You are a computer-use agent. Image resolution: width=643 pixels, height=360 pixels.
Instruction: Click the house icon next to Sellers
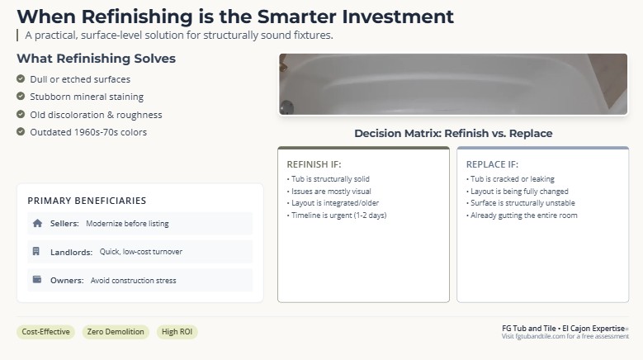coord(37,223)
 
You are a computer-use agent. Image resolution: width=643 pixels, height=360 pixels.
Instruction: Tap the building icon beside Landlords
coord(36,251)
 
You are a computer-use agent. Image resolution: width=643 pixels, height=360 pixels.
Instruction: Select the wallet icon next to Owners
coord(37,280)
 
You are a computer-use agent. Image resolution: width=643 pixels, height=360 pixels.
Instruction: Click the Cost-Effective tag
coord(46,332)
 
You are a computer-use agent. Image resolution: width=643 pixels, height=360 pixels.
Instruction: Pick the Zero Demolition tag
coord(116,332)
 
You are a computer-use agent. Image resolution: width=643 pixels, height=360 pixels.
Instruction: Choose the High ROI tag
coord(177,332)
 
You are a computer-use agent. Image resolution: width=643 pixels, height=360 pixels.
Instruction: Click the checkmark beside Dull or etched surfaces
coord(21,78)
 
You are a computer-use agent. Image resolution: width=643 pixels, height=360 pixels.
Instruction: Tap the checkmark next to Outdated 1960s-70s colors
coord(21,131)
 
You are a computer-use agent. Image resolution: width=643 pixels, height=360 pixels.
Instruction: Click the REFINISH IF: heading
coord(314,164)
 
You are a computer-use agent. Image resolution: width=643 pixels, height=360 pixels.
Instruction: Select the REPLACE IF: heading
coord(492,164)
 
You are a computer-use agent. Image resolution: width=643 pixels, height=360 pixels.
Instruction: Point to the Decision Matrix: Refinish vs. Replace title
coord(453,133)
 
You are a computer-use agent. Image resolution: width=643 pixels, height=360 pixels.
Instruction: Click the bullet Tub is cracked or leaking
coord(510,179)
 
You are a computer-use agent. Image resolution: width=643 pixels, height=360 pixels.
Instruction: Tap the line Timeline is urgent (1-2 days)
coord(337,216)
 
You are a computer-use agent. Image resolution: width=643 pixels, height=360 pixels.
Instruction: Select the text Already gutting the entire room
coord(522,216)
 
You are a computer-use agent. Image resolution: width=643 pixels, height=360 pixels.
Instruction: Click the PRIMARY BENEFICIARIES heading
coord(87,201)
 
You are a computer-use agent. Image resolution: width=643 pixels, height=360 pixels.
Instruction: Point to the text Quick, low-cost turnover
coord(141,252)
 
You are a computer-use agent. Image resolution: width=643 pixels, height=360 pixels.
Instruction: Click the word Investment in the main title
coord(398,17)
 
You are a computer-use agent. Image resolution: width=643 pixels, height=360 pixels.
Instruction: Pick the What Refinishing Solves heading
coord(97,59)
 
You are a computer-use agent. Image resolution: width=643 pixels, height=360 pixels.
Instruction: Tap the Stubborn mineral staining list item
coord(87,97)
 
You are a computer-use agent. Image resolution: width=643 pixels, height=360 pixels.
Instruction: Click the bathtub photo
coord(453,84)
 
